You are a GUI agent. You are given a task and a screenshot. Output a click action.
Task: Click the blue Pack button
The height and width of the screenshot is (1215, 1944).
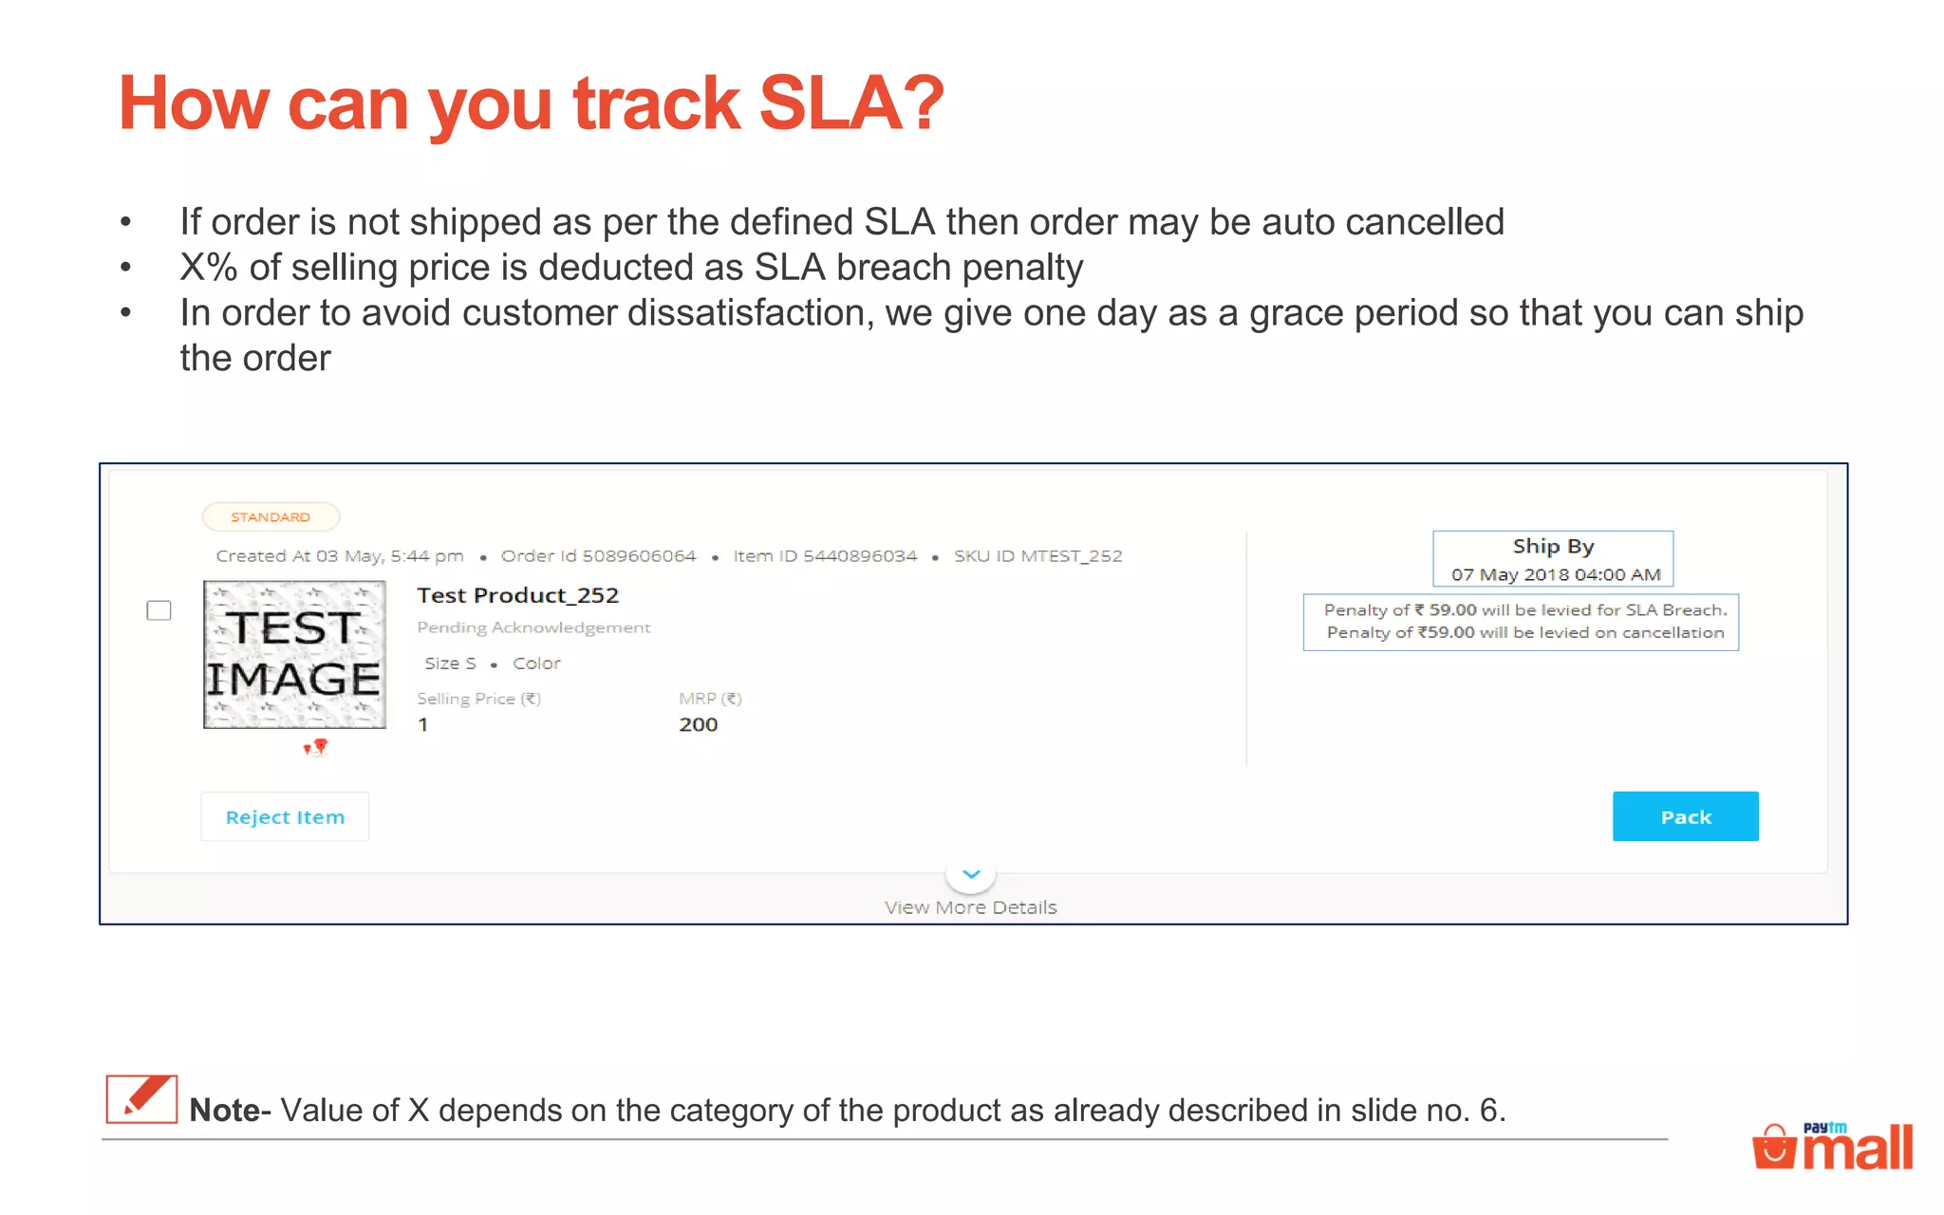click(1685, 816)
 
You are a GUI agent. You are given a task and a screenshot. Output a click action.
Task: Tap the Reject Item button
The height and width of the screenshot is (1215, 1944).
click(285, 816)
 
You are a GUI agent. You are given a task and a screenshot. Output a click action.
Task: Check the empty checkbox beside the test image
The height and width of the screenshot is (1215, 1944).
click(159, 610)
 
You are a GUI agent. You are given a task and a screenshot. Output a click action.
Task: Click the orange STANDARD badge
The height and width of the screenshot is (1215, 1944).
click(271, 517)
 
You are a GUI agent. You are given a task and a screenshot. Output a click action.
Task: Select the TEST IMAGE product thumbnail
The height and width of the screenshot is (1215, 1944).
click(294, 655)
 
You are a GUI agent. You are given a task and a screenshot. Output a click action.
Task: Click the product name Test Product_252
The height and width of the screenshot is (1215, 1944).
click(517, 595)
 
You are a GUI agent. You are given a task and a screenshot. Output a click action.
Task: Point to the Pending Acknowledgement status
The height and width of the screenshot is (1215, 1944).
click(533, 627)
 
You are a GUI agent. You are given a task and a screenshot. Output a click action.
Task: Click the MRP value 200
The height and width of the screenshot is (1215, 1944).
click(698, 724)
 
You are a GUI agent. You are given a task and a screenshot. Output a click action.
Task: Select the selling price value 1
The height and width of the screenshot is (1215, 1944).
click(423, 724)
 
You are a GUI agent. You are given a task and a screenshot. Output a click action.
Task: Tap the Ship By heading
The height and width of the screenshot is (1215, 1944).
click(1553, 546)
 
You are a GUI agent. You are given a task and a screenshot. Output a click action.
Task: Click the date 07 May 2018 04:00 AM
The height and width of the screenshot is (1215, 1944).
click(1556, 574)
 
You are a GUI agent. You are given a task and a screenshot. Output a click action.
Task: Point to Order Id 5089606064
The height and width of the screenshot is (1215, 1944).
click(598, 556)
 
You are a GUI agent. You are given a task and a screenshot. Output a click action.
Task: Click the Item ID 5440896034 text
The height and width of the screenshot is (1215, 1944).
click(825, 556)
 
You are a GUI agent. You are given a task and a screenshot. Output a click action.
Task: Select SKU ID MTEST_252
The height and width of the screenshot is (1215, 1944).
click(1037, 556)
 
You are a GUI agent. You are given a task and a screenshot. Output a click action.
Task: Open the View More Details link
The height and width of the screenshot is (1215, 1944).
click(970, 907)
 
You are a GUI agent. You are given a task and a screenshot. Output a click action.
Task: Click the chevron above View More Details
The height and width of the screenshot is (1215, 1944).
click(971, 873)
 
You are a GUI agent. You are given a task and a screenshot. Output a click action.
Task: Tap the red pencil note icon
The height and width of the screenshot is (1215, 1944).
click(141, 1099)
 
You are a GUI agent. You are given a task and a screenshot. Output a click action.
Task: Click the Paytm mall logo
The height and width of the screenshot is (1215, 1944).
click(1832, 1146)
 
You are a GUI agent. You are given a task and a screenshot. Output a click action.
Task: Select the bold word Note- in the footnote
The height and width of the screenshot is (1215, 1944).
click(230, 1110)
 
